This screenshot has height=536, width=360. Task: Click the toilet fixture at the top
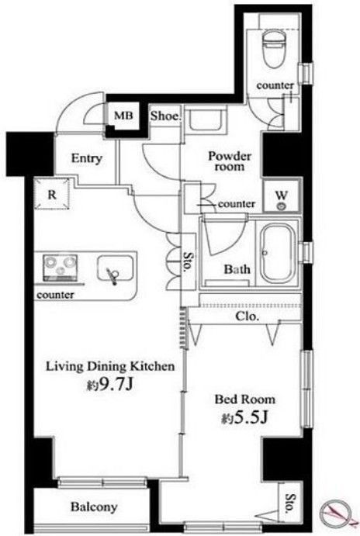point(274,49)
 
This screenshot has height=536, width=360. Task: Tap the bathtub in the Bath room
point(278,254)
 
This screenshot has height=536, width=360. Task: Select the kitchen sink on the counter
point(115,269)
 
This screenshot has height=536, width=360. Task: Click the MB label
point(123,116)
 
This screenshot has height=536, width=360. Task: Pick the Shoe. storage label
point(165,116)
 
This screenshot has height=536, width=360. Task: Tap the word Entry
point(86,158)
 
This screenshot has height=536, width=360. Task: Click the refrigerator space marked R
point(52,194)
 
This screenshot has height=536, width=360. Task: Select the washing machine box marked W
point(282,199)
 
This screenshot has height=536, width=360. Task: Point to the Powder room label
point(230,161)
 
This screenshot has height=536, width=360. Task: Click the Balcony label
point(94,507)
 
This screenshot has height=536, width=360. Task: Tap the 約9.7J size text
point(109,385)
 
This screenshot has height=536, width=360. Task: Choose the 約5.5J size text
point(244,417)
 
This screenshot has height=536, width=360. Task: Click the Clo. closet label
point(247,316)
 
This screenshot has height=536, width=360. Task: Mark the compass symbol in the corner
point(337,513)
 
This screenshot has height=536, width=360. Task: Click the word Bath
point(237,269)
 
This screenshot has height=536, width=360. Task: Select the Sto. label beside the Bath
point(187,262)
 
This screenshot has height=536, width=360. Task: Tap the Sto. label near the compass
point(290,503)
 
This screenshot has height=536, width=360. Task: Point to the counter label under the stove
point(55,295)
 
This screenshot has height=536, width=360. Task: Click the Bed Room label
point(245,399)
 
